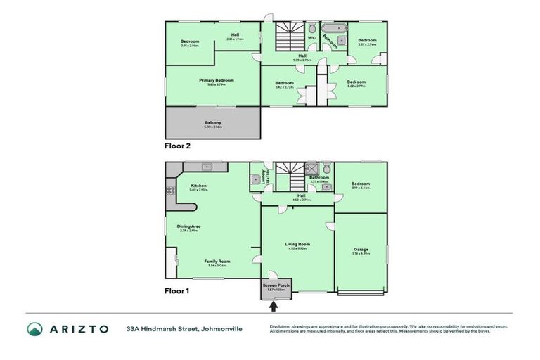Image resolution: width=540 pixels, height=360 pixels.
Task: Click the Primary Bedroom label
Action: [216, 80]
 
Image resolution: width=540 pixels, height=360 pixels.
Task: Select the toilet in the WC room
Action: [311, 28]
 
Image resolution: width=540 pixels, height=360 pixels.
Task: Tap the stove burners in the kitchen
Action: [169, 190]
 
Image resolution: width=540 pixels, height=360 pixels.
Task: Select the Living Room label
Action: [300, 244]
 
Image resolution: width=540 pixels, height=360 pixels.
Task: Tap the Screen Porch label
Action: [276, 285]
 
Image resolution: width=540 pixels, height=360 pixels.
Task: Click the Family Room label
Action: [217, 261]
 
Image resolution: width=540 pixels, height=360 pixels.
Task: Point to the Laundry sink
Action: [255, 179]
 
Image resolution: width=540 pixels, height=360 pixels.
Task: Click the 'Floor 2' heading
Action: [178, 146]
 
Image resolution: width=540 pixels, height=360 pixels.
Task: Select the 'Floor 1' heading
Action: [178, 290]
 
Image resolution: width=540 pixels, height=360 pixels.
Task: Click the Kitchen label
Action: [198, 186]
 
